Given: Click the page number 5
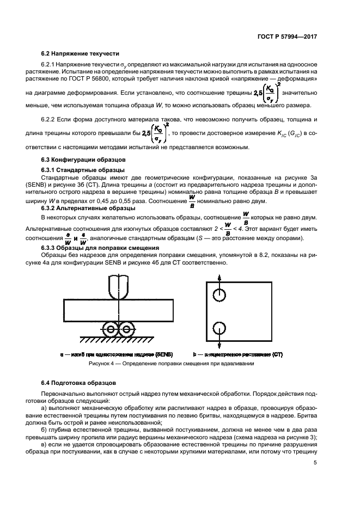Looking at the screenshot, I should pos(315,463).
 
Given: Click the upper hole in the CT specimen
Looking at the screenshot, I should pos(219,295).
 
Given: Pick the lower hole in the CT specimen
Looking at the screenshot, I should pos(219,329).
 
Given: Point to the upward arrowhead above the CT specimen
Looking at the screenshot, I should pos(219,277).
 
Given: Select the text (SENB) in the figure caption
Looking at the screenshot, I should pos(164,354).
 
